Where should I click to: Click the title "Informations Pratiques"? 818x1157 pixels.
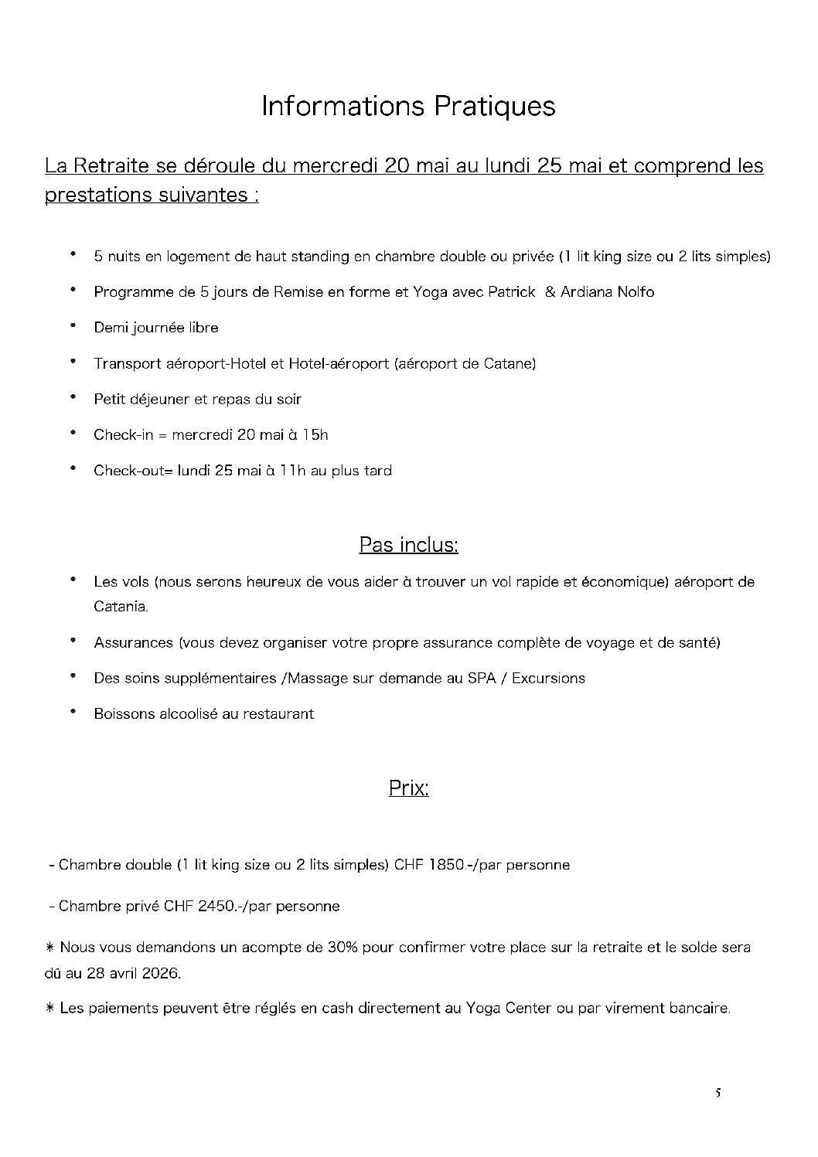click(x=408, y=106)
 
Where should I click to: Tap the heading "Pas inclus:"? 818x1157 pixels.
click(x=408, y=545)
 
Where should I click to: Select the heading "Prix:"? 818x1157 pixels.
click(x=408, y=788)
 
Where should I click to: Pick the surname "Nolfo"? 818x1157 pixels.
click(x=635, y=292)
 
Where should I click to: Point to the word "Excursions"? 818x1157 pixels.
click(x=548, y=679)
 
